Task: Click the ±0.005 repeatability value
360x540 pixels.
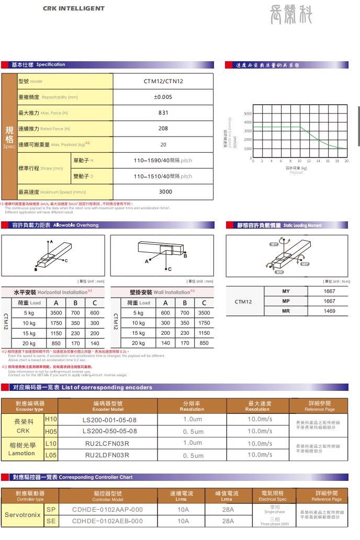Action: point(163,97)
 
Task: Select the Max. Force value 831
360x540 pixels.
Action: point(163,113)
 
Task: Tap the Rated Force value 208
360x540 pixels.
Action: point(163,128)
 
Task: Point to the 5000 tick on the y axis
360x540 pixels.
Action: point(248,114)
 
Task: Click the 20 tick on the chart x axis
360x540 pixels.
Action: point(346,161)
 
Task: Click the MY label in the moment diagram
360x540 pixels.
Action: point(273,245)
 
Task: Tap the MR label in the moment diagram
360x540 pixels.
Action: point(279,272)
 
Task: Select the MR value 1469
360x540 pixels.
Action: point(329,311)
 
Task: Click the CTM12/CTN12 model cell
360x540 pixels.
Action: point(163,81)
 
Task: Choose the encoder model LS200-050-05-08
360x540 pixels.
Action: point(110,431)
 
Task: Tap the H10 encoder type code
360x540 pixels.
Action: point(51,419)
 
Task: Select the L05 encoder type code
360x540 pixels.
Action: point(51,455)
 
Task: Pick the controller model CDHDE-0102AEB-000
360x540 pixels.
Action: point(107,521)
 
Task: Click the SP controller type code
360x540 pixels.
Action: point(51,509)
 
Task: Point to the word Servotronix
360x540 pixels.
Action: point(23,515)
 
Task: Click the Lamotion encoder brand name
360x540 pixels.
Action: point(22,453)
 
